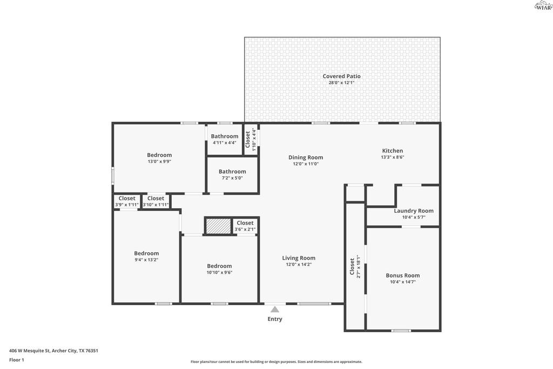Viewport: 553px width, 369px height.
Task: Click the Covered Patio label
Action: (x=341, y=76)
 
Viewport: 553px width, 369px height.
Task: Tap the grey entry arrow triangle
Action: (x=275, y=309)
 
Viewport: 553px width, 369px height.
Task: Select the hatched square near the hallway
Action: (x=218, y=226)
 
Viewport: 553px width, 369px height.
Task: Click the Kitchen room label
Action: (x=393, y=150)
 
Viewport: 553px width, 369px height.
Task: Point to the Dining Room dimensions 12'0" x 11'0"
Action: (x=306, y=163)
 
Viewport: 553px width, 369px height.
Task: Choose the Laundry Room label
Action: (x=414, y=210)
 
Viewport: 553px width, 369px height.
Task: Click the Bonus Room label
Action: (x=403, y=275)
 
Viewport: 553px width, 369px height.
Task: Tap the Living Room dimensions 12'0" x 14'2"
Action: (x=299, y=265)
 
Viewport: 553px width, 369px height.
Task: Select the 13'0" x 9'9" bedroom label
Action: (x=159, y=155)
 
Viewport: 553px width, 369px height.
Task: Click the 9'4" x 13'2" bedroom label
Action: (x=146, y=253)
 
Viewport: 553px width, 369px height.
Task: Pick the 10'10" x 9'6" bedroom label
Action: (x=219, y=266)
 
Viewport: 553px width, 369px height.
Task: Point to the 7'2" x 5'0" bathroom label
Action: (x=232, y=172)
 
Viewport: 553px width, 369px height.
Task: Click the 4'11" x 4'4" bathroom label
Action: (x=225, y=136)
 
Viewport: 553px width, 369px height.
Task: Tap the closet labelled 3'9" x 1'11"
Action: (x=127, y=198)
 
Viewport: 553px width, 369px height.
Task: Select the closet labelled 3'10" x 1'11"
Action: (x=156, y=198)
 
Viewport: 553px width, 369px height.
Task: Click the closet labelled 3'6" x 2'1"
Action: (x=245, y=223)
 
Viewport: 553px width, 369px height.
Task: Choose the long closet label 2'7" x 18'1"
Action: (x=352, y=266)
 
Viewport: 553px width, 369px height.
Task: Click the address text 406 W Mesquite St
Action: (x=30, y=351)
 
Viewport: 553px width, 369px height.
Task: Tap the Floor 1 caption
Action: (x=17, y=360)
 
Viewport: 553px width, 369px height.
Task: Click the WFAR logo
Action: (x=543, y=5)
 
